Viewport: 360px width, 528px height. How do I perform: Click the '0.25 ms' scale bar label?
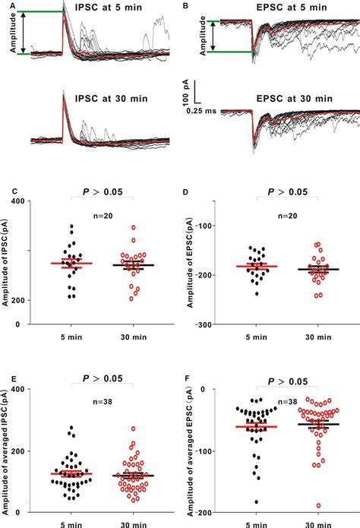[x=204, y=109]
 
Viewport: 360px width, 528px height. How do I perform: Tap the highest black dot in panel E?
[x=71, y=428]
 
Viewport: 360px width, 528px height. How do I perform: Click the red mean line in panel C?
[x=71, y=264]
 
